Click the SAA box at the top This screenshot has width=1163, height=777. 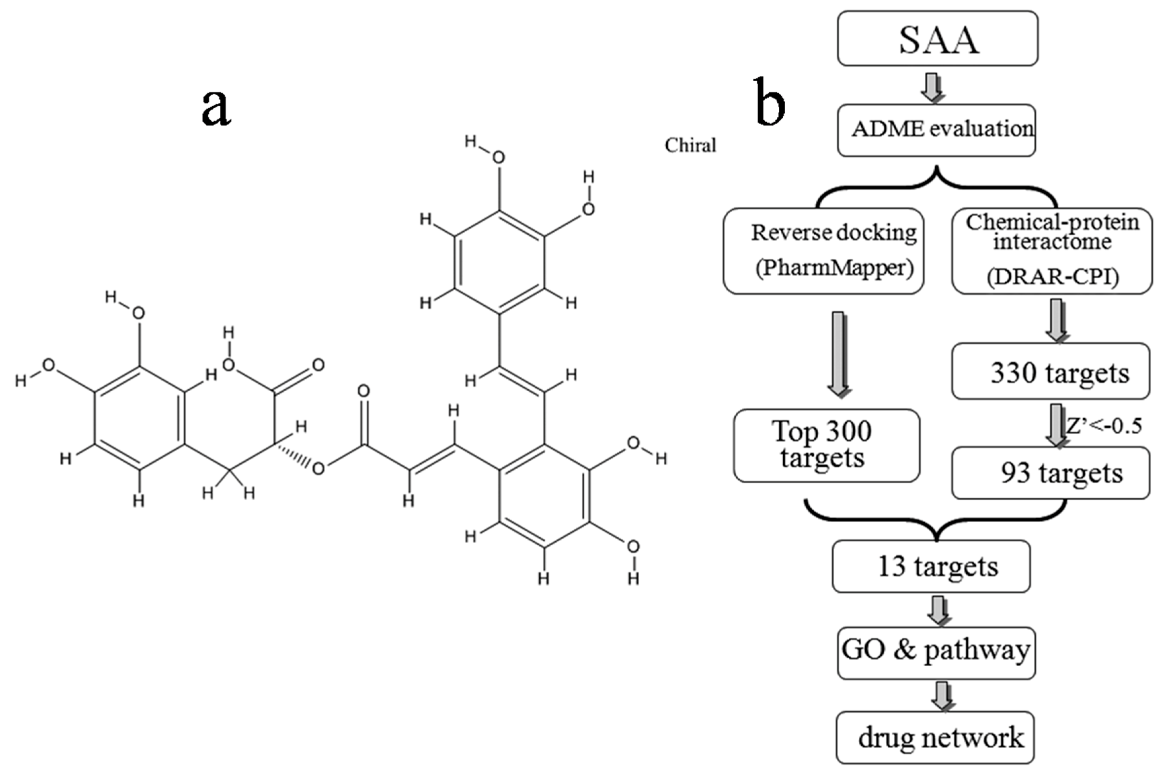pos(938,39)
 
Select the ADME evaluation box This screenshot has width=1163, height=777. pos(937,130)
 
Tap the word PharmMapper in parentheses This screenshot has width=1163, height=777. pos(834,268)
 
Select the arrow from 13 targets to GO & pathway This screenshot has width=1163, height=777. pos(938,610)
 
